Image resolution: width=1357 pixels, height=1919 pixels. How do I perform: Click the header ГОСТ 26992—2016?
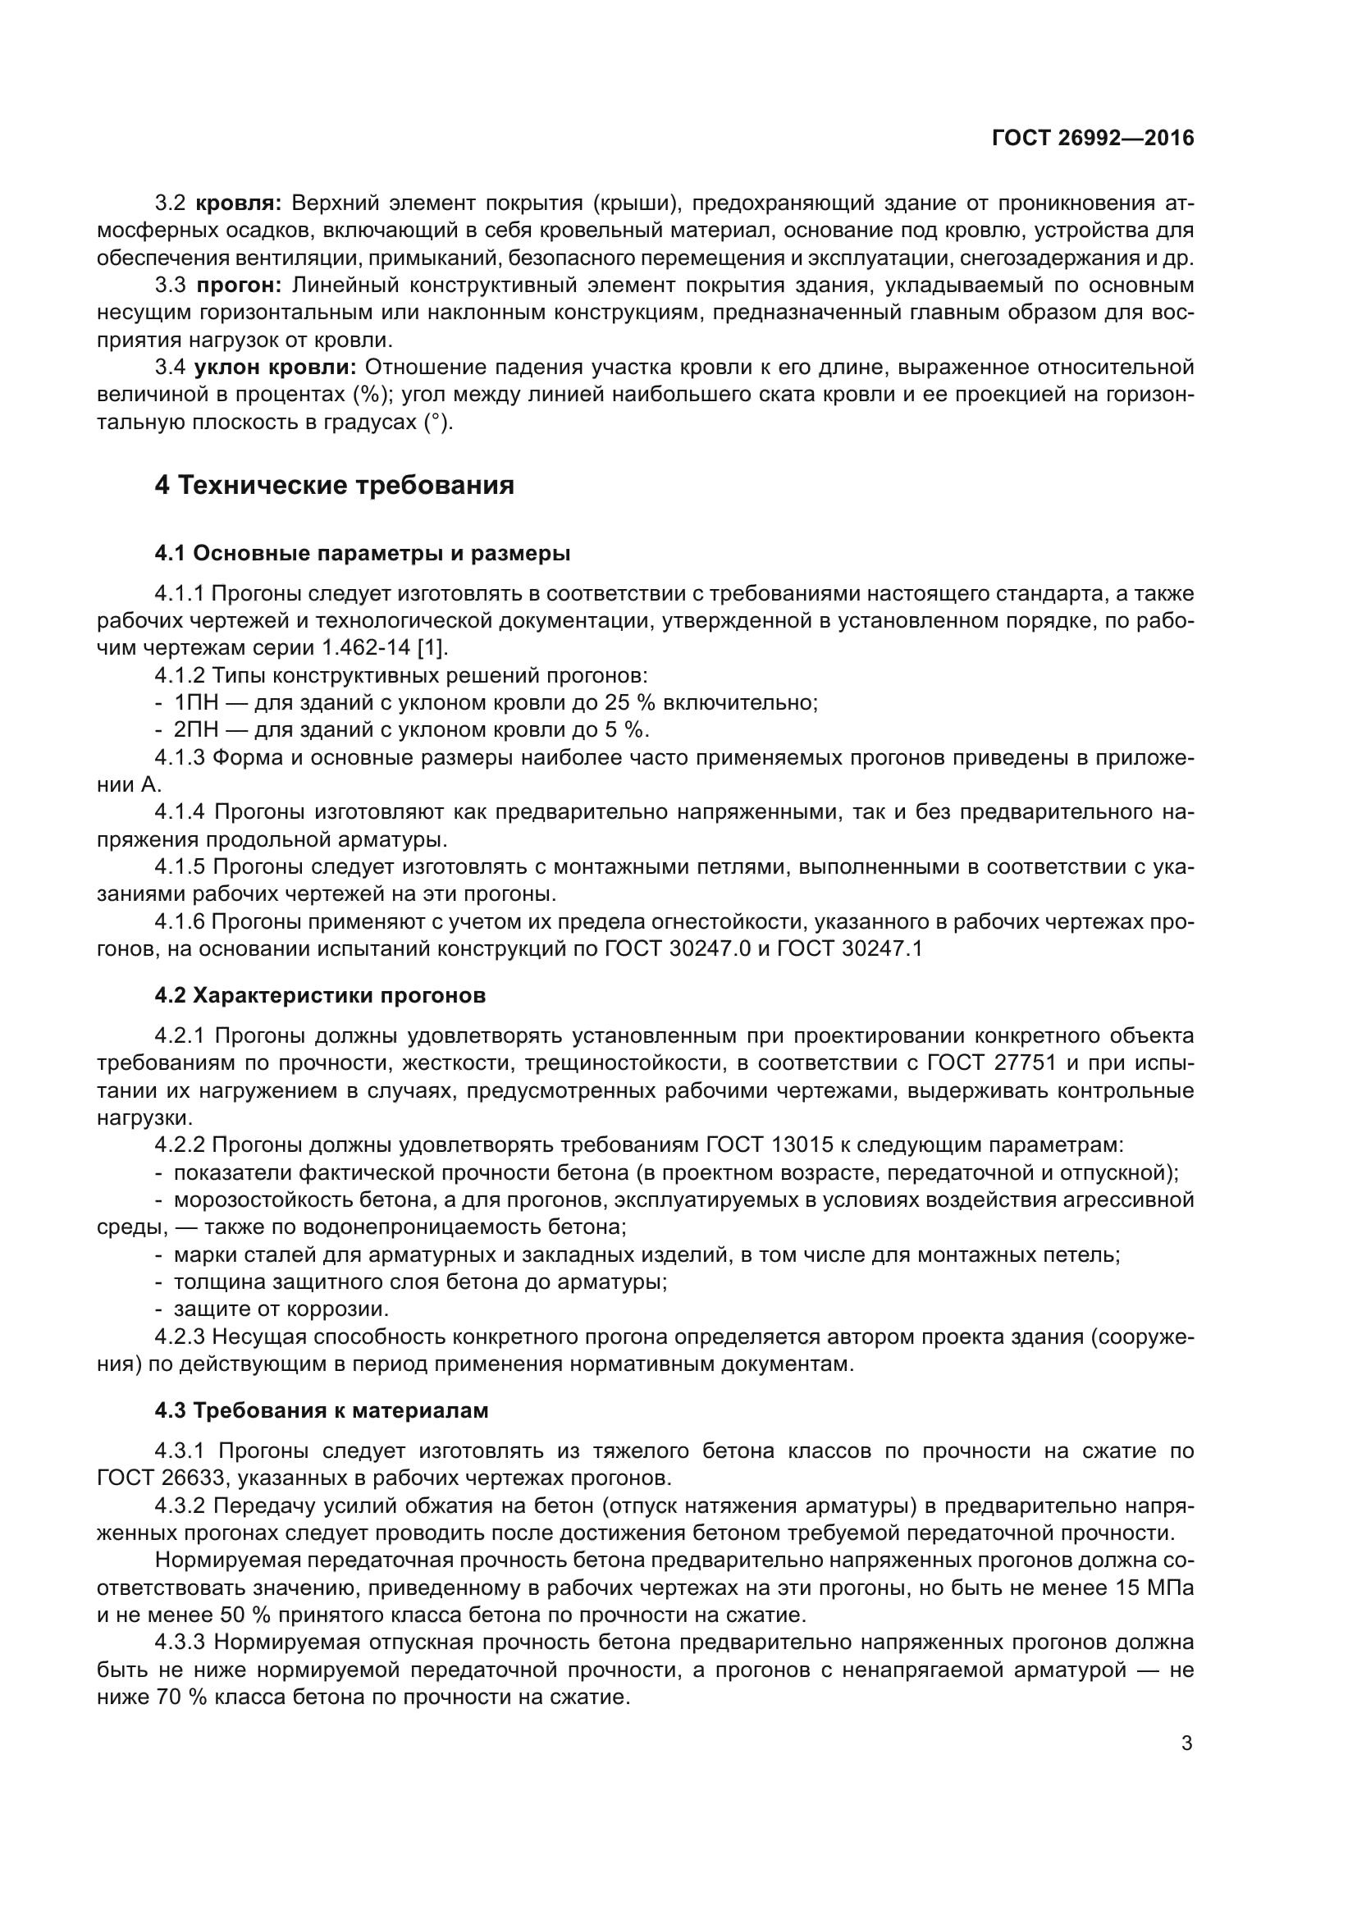tap(1093, 138)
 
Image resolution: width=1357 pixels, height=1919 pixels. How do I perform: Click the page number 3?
tap(1186, 1743)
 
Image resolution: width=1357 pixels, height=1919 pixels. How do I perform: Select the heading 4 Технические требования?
tap(334, 485)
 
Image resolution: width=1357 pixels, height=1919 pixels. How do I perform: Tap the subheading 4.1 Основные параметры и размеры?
tap(363, 553)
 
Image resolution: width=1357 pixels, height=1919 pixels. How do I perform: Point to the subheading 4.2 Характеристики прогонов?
tap(320, 995)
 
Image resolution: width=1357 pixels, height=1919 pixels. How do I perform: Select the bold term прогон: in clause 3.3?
tap(240, 286)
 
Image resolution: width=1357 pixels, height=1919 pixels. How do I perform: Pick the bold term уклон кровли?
tap(276, 368)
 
